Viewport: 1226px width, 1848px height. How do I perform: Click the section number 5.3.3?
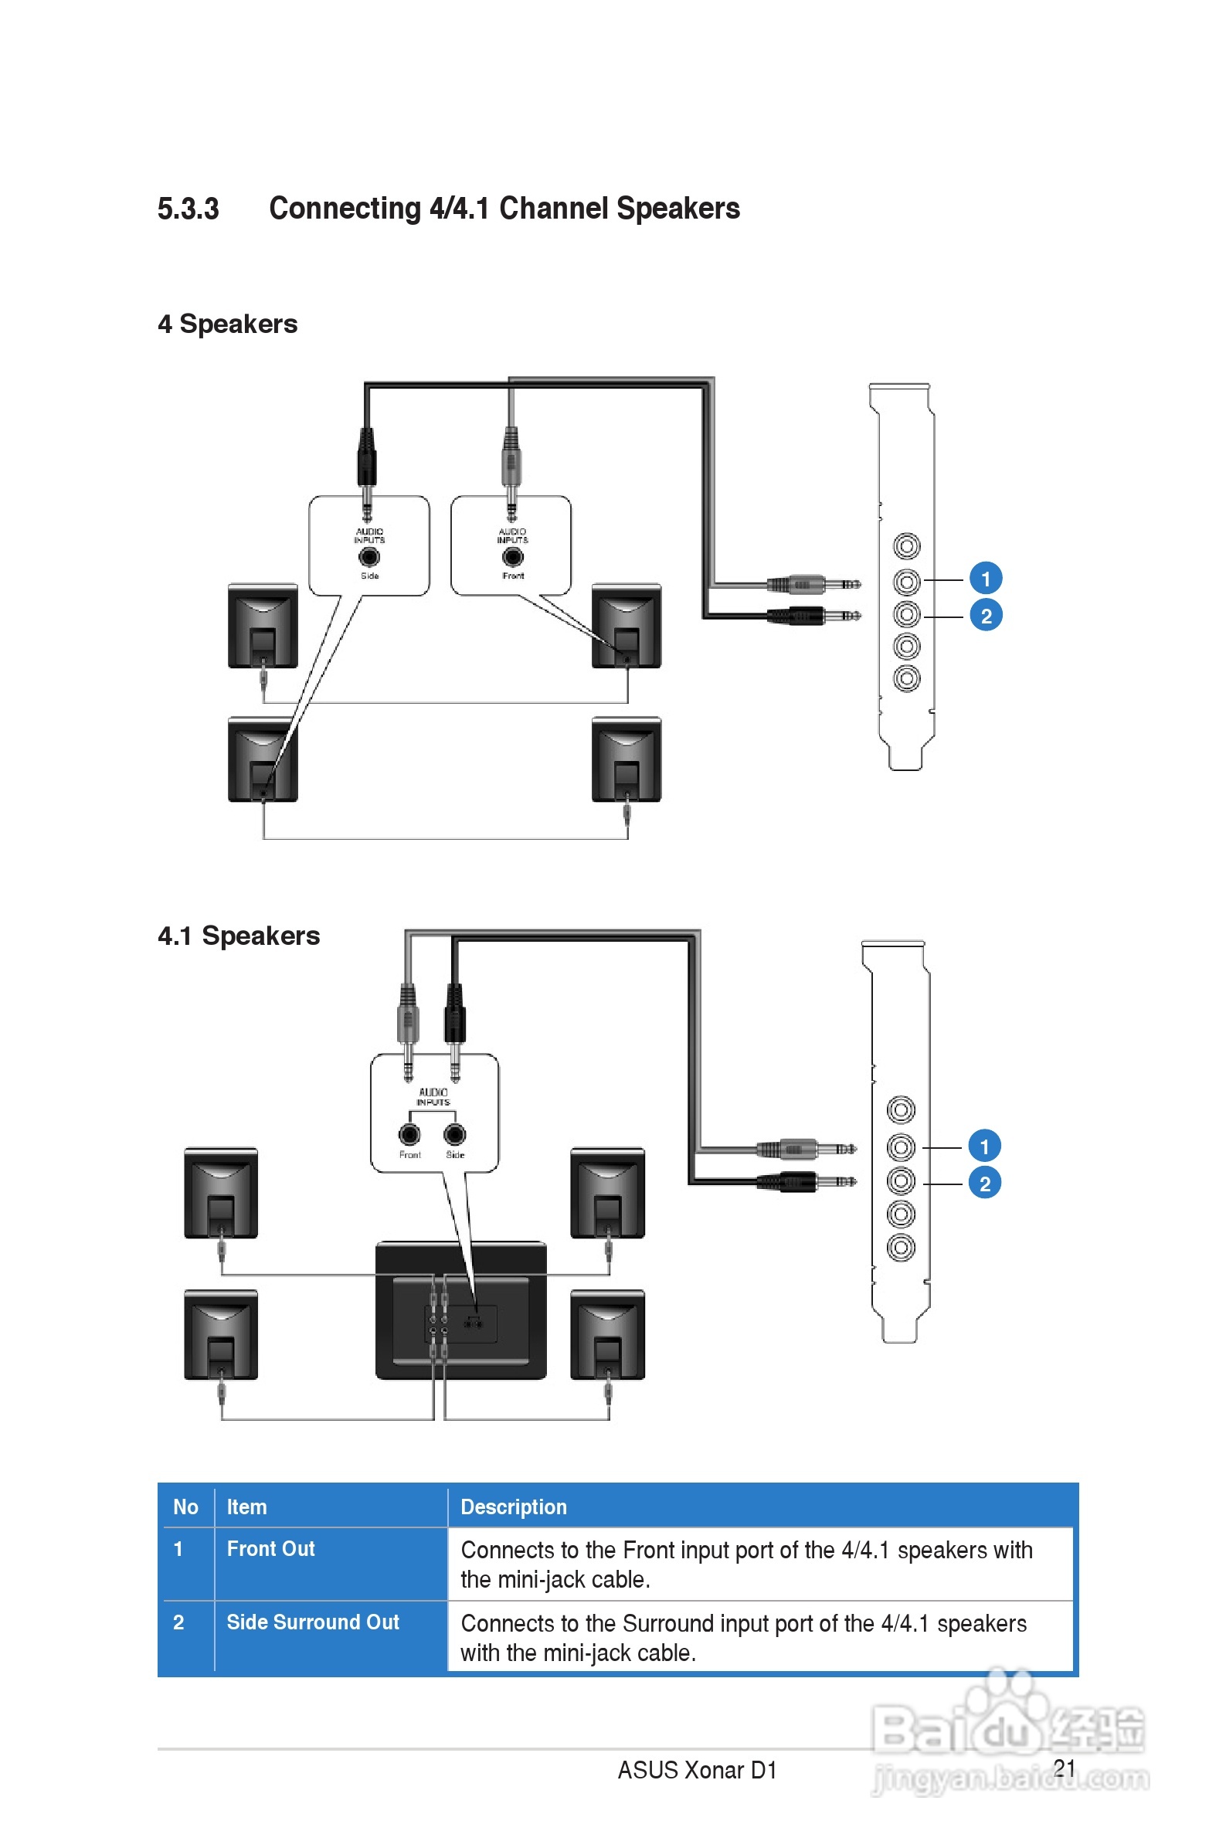(188, 209)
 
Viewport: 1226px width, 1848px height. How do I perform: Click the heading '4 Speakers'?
(228, 324)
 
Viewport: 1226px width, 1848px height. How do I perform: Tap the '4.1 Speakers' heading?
(239, 936)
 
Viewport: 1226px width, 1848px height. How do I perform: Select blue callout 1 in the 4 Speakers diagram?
(986, 579)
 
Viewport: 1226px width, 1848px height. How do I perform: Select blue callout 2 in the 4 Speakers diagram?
(986, 616)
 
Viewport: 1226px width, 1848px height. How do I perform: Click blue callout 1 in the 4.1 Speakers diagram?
(984, 1146)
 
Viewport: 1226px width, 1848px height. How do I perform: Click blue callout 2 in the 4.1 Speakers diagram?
(984, 1184)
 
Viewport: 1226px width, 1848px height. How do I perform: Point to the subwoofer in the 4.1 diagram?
(460, 1310)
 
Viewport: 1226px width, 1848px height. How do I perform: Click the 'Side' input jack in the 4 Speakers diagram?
(369, 556)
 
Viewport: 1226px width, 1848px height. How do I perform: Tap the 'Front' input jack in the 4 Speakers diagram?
(513, 556)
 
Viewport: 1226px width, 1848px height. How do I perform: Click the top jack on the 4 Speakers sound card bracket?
(907, 545)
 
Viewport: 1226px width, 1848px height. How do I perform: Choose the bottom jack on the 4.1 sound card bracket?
(901, 1247)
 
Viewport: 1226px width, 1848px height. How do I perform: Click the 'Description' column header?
(514, 1507)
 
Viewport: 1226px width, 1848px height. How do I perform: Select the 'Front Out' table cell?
(270, 1548)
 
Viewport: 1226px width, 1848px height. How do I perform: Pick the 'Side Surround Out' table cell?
(313, 1622)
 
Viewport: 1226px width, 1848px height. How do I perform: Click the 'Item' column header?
(246, 1507)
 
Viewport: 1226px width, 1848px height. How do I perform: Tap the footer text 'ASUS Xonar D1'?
(697, 1770)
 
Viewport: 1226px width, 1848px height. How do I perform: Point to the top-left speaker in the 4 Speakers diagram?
(263, 626)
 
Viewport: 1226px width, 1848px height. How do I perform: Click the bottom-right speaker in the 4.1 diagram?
(607, 1334)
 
